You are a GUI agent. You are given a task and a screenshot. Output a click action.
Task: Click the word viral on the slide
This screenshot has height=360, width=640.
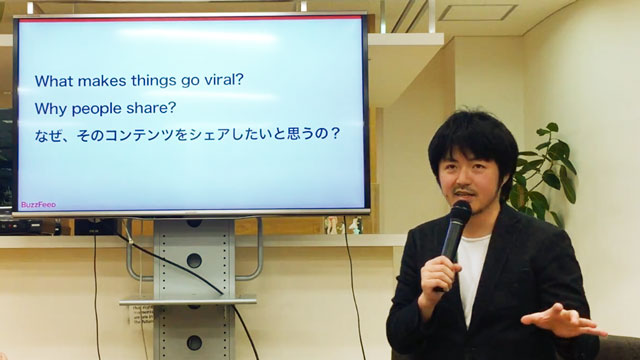point(222,80)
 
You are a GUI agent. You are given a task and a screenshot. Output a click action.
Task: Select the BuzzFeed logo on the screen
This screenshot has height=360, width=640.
point(38,204)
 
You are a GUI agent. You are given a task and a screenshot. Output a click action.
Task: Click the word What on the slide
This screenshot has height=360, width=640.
point(54,80)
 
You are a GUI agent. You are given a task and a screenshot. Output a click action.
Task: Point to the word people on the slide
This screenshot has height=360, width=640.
point(97,109)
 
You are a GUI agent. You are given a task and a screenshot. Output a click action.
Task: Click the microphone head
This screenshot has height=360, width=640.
point(460,212)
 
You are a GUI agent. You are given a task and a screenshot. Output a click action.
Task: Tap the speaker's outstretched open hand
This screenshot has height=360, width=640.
point(562,321)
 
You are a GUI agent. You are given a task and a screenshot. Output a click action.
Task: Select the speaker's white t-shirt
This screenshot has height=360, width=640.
point(472,273)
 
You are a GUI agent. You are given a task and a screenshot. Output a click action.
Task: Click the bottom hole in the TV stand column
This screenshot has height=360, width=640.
point(194,343)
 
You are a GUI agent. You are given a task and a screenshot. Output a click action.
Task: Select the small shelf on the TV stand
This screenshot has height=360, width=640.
point(188,301)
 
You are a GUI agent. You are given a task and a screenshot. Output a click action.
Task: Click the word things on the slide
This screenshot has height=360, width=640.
point(154,81)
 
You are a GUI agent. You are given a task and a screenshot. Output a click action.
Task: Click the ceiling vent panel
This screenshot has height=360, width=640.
point(478,12)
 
